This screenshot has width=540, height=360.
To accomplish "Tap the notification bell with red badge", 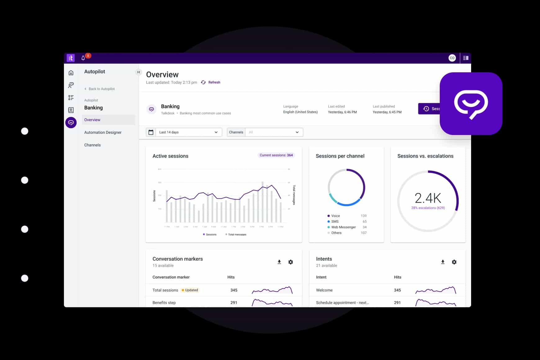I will (83, 58).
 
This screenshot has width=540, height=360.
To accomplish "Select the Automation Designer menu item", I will (103, 133).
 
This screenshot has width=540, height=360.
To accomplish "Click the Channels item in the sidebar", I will (92, 145).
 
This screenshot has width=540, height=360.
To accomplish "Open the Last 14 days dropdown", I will (188, 132).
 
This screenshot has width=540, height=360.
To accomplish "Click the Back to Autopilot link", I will (101, 89).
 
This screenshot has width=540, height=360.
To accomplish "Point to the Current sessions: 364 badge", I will (276, 155).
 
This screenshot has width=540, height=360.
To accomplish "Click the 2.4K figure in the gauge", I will (428, 198).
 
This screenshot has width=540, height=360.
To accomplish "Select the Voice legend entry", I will (335, 216).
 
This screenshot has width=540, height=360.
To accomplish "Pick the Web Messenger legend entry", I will (343, 227).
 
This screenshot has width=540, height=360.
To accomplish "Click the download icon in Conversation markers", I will (279, 262).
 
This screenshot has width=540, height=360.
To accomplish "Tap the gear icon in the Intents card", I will (454, 262).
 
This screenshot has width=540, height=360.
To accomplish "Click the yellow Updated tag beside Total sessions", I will (190, 290).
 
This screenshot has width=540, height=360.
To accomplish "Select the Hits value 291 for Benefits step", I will (234, 303).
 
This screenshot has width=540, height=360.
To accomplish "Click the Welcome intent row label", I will (324, 290).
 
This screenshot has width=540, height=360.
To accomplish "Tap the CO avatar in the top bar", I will (452, 58).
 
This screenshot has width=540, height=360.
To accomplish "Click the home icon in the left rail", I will (71, 73).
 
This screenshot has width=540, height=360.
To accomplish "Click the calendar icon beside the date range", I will (151, 132).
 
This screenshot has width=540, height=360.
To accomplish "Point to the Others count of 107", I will (363, 233).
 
